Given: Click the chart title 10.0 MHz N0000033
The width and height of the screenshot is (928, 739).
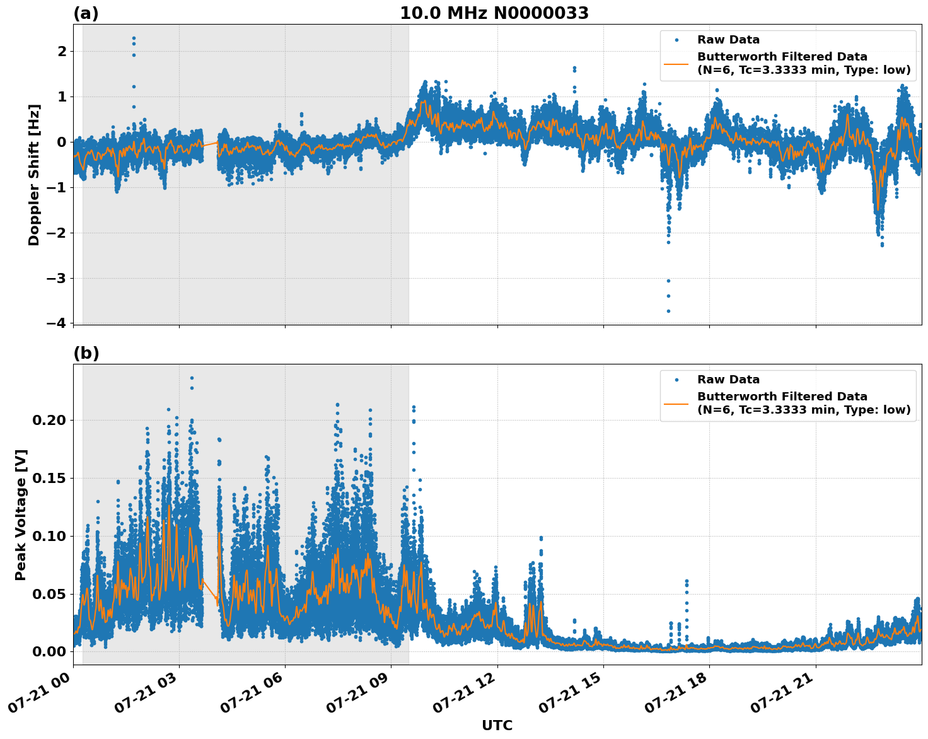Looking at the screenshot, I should [494, 13].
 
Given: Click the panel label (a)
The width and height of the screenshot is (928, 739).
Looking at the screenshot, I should [86, 13].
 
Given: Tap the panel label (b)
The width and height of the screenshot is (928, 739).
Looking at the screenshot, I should [86, 353].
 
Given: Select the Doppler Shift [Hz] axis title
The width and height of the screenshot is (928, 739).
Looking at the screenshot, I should [34, 175].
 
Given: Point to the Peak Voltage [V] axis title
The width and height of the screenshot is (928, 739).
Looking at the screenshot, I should [21, 515].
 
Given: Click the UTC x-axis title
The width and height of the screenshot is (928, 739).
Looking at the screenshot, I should [497, 725].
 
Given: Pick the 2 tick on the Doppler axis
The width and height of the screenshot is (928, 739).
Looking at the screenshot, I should [62, 51].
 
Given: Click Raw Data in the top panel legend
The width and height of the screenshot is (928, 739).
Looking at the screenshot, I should [728, 40].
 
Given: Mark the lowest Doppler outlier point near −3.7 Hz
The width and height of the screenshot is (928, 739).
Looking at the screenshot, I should [668, 311].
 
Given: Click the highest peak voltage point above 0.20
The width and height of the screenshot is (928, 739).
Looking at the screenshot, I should [192, 378].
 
